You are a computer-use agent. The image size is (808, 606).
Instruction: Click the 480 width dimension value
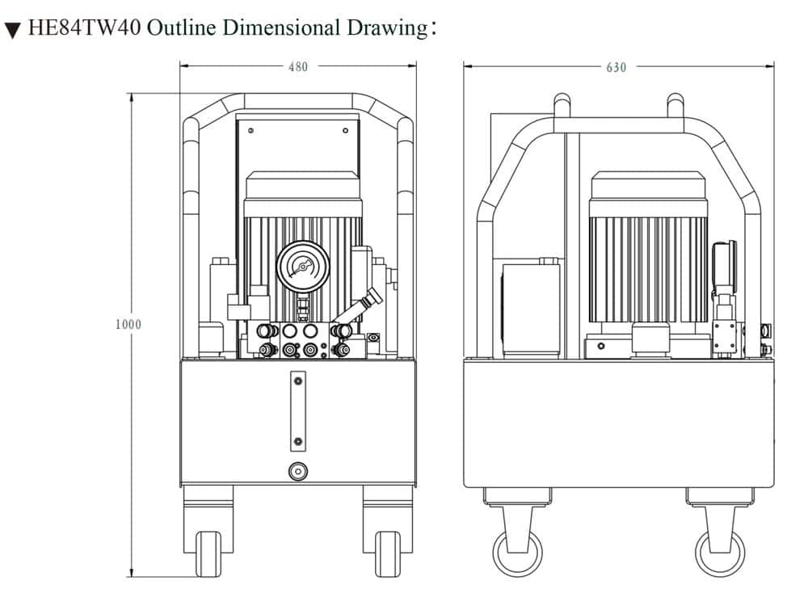(x=298, y=67)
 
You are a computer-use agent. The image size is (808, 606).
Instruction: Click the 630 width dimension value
(x=616, y=67)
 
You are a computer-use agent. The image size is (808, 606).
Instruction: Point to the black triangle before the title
(x=12, y=32)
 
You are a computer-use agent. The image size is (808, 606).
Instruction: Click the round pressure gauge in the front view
(x=302, y=267)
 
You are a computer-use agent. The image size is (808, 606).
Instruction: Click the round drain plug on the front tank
(x=298, y=470)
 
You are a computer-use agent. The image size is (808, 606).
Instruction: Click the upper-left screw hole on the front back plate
(x=251, y=130)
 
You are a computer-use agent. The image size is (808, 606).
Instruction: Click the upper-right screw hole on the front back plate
(x=345, y=130)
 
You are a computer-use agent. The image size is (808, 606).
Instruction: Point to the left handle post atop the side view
(x=562, y=107)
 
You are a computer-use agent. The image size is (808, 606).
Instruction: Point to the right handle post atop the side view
(x=675, y=107)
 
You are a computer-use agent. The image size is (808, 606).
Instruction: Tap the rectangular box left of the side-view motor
(x=531, y=308)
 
